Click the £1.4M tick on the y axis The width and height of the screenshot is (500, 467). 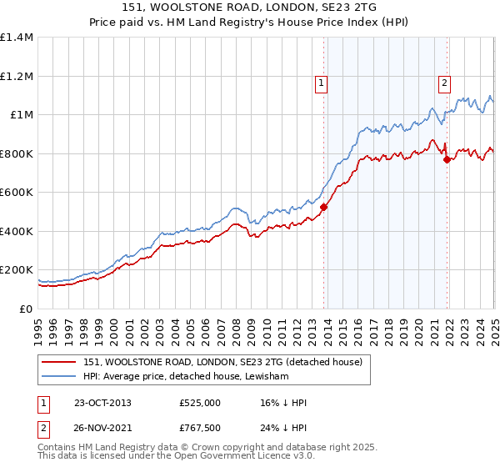pyautogui.click(x=17, y=38)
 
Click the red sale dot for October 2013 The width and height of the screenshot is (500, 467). pyautogui.click(x=323, y=208)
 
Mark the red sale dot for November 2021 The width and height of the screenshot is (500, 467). pyautogui.click(x=447, y=159)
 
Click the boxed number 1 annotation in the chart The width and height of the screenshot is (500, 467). pyautogui.click(x=321, y=83)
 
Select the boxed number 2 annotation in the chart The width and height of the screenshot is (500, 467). pyautogui.click(x=445, y=83)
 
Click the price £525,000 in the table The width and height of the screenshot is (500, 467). pyautogui.click(x=200, y=403)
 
